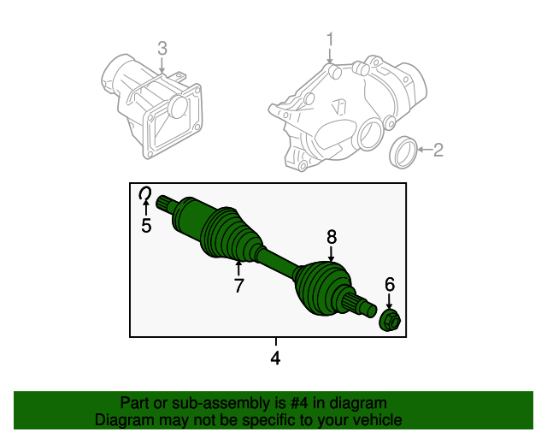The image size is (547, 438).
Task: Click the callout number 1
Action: click(x=330, y=39)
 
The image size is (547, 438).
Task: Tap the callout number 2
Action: click(x=438, y=150)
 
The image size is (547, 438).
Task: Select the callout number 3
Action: click(x=162, y=49)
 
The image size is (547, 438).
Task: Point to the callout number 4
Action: click(x=275, y=358)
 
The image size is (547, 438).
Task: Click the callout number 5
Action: click(x=146, y=225)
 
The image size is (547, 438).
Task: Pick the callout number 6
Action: click(x=390, y=284)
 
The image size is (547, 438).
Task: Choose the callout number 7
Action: click(x=238, y=286)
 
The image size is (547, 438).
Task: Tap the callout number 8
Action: click(x=332, y=237)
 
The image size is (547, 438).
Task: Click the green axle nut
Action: click(x=390, y=320)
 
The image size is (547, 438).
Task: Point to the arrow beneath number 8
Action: click(x=331, y=254)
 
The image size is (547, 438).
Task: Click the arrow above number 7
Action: click(x=238, y=269)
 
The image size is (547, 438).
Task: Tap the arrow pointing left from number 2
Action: click(x=425, y=150)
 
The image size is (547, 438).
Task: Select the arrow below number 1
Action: click(x=330, y=56)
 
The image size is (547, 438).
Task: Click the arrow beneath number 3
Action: click(x=162, y=65)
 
